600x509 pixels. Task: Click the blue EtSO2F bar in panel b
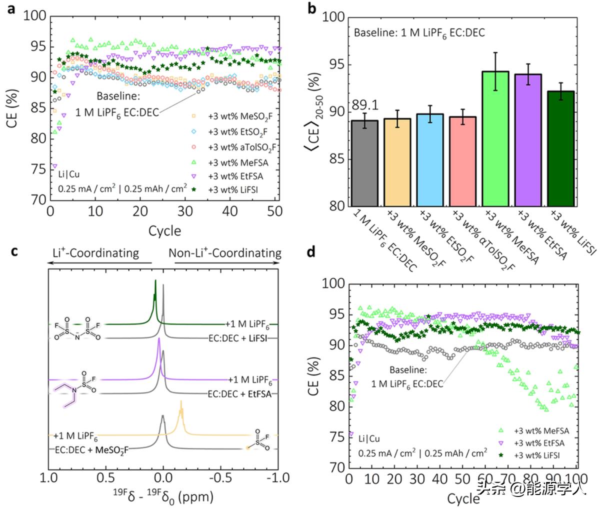tap(429, 160)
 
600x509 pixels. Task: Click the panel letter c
tap(14, 251)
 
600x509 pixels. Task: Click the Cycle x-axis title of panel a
tap(164, 230)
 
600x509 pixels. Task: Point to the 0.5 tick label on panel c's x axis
tap(105, 477)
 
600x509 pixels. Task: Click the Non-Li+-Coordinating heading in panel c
tap(224, 252)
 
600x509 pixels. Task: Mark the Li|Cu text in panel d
tap(369, 439)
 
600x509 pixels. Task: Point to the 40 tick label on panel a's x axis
tap(229, 211)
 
